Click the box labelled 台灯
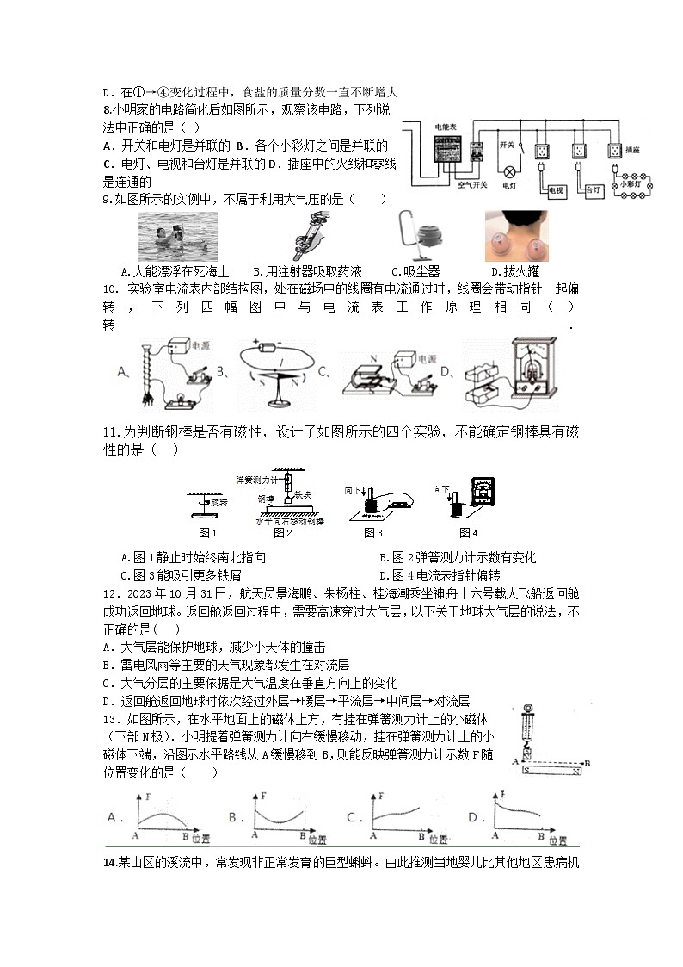coord(594,190)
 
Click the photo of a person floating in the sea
coord(178,236)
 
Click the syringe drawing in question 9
coord(305,236)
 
